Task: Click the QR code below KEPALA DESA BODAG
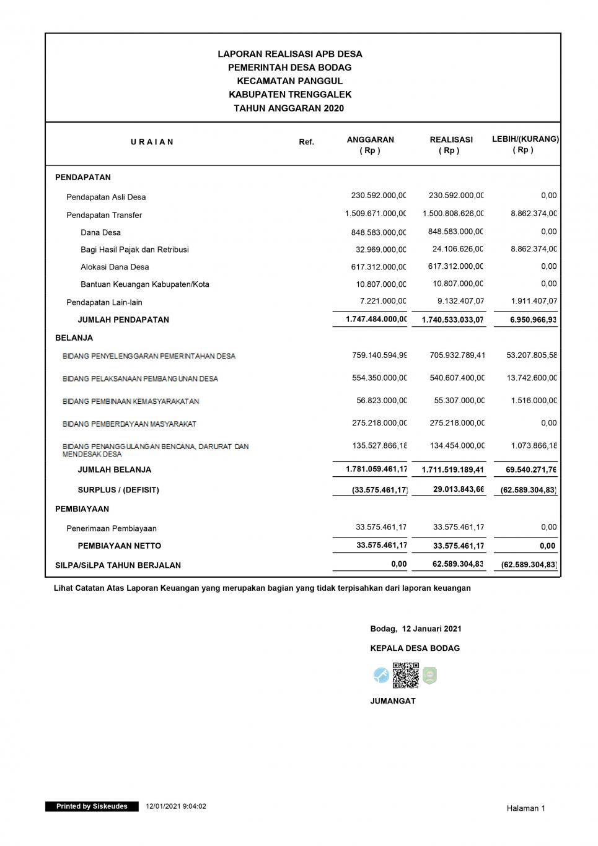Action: (x=405, y=675)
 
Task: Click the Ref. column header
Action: (x=306, y=142)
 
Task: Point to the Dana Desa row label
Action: (x=100, y=233)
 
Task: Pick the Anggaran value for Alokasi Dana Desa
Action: (x=379, y=267)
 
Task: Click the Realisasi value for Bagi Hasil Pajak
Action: (x=457, y=250)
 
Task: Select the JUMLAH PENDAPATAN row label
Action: (x=123, y=320)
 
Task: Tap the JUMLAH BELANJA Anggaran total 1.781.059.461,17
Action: (x=376, y=469)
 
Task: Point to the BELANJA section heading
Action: (x=74, y=338)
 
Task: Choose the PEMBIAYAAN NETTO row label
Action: (x=119, y=546)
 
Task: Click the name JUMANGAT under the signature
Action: (x=393, y=701)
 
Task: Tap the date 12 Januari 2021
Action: (x=431, y=629)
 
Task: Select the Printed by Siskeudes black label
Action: (x=92, y=806)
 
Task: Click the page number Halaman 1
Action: (x=525, y=808)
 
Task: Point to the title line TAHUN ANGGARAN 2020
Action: (x=289, y=108)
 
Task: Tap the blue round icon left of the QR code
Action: (x=381, y=675)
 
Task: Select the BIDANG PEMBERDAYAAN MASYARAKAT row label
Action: (x=130, y=424)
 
